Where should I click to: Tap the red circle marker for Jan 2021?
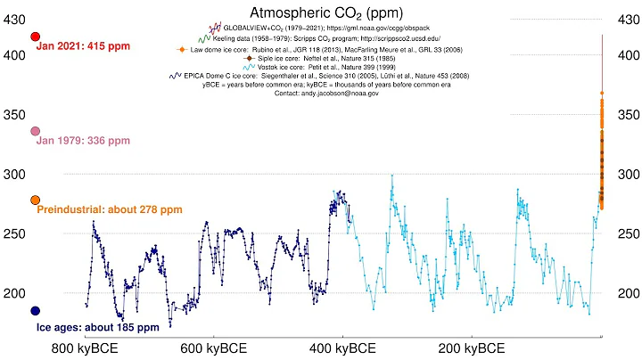point(36,37)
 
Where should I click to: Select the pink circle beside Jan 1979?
point(36,131)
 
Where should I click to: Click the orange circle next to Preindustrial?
point(36,200)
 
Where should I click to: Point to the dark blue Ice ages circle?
point(36,311)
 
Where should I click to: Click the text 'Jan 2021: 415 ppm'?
point(84,47)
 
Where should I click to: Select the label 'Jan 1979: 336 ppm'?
point(83,141)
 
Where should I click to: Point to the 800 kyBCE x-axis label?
point(86,348)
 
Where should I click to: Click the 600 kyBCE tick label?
point(214,348)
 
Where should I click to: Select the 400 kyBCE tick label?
point(342,348)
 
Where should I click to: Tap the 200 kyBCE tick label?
point(471,348)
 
